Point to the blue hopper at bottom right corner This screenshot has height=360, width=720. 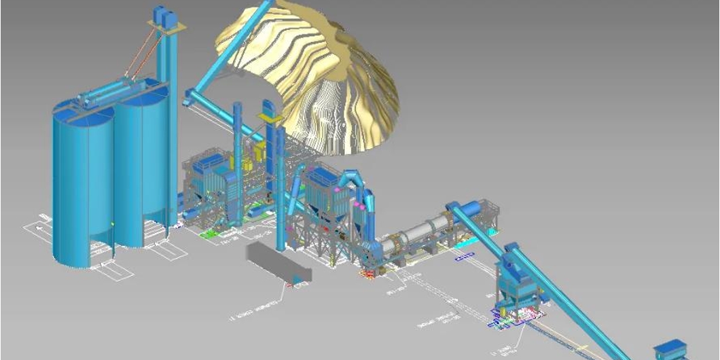(x=669, y=350)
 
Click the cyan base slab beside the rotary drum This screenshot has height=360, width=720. (x=469, y=241)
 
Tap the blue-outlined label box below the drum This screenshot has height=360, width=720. (x=465, y=256)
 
